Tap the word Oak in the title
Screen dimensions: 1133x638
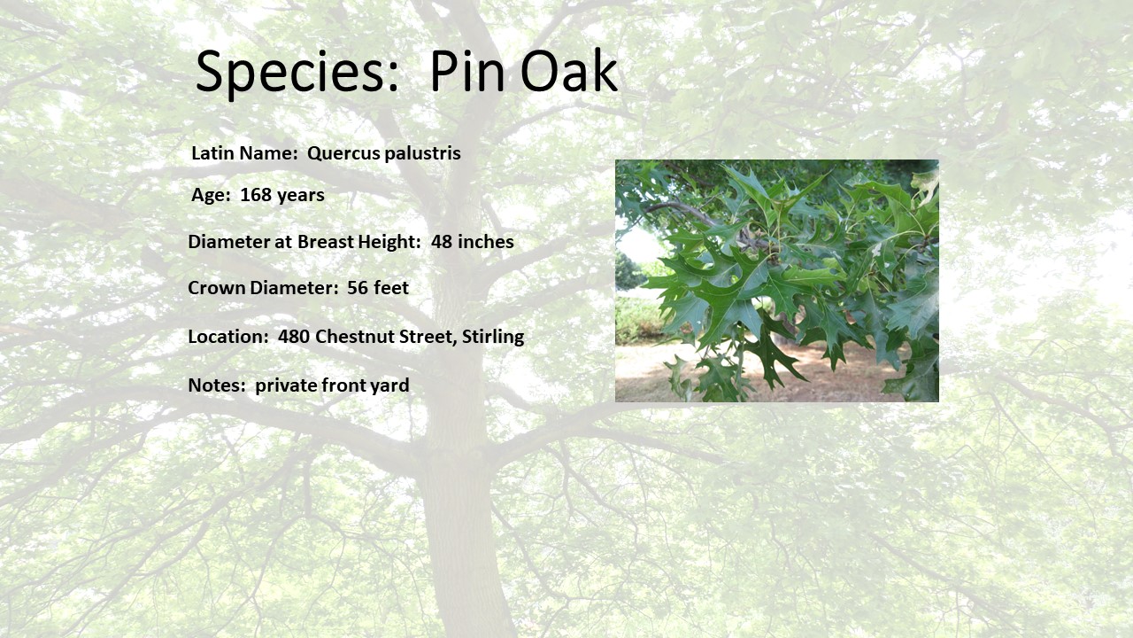[568, 70]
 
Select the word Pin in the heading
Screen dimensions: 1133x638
[467, 70]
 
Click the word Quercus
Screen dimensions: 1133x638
[343, 153]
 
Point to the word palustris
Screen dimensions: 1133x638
[422, 153]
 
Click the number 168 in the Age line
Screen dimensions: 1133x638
[256, 195]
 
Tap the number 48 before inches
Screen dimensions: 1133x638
[442, 242]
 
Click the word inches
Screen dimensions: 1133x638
[486, 242]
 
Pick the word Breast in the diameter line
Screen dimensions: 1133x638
[325, 242]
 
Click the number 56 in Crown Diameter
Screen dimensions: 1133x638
[357, 288]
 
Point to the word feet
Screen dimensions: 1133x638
[391, 288]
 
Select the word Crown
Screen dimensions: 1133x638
[217, 288]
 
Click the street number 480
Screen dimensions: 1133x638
[293, 336]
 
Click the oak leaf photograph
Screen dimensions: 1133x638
[777, 281]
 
